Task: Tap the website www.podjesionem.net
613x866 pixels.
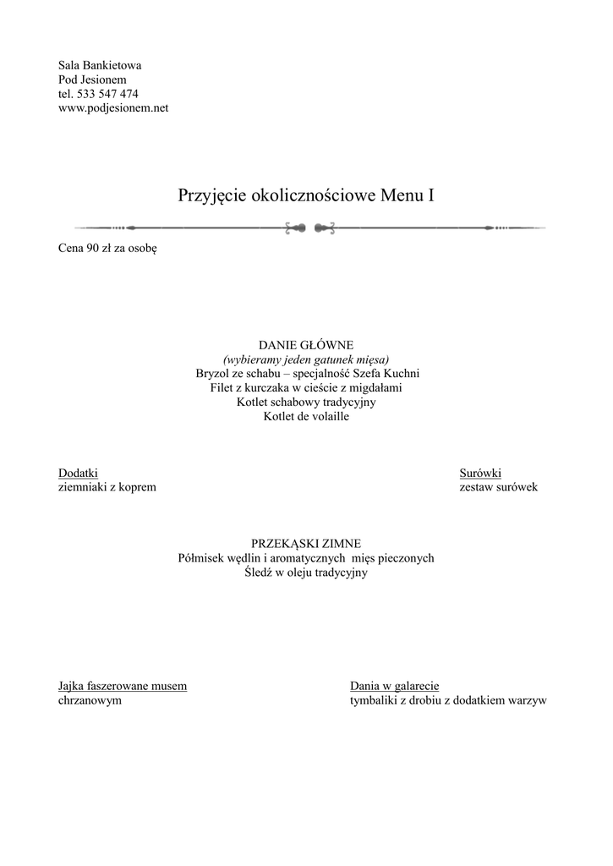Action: click(x=113, y=108)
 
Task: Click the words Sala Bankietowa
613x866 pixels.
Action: click(x=100, y=65)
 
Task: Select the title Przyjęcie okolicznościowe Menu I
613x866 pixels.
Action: click(x=306, y=195)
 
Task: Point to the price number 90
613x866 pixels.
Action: click(x=93, y=249)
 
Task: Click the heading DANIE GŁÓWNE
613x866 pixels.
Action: click(x=306, y=345)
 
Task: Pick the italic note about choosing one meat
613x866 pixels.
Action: click(x=306, y=359)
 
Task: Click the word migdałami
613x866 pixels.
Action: click(x=376, y=387)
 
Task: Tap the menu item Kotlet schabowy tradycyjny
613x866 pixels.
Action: click(x=306, y=402)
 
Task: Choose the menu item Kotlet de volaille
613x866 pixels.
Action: click(x=306, y=416)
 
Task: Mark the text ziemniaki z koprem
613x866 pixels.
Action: click(x=107, y=488)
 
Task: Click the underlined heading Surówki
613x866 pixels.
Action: click(x=480, y=474)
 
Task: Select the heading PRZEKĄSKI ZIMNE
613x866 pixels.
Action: click(x=306, y=544)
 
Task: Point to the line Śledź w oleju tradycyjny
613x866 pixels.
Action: click(x=306, y=573)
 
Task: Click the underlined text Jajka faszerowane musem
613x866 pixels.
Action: click(x=122, y=686)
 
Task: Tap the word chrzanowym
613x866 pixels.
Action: click(x=90, y=700)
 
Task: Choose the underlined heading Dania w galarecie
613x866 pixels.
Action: click(x=394, y=686)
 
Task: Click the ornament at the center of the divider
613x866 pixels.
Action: click(x=310, y=227)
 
